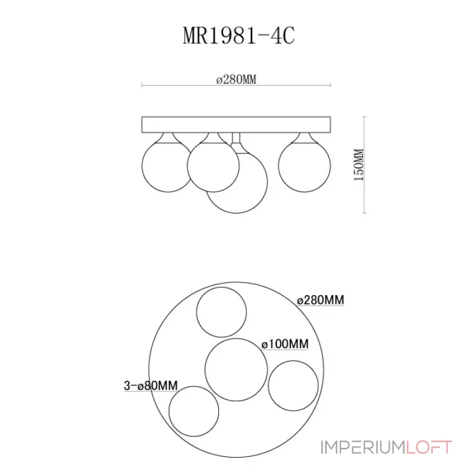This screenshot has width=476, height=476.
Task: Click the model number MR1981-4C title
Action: click(x=239, y=36)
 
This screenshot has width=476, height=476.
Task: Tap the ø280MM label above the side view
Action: click(x=236, y=80)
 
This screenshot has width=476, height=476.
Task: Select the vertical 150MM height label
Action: click(x=359, y=165)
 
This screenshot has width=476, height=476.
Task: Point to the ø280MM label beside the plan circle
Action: click(x=320, y=300)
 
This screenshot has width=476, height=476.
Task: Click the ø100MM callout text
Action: click(x=285, y=344)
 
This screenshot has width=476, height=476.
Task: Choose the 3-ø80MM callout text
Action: click(x=151, y=386)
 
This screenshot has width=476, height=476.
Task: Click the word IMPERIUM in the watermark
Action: click(x=363, y=447)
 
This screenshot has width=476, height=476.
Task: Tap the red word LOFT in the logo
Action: click(x=429, y=447)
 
